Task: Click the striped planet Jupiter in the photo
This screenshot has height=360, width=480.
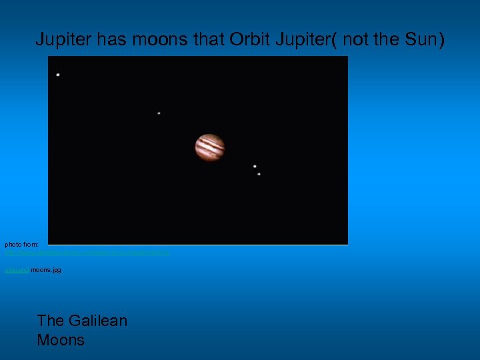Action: (209, 147)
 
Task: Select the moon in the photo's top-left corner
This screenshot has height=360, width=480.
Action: (58, 74)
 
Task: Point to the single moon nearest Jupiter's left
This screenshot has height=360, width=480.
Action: (159, 113)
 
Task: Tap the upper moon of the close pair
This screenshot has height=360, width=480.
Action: (255, 166)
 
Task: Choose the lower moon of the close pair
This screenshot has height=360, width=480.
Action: (259, 174)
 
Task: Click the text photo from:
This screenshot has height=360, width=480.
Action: (22, 245)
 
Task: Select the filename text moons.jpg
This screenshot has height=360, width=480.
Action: (45, 270)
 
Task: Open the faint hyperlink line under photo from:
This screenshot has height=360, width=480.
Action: (87, 253)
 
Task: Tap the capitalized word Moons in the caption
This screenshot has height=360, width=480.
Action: (61, 340)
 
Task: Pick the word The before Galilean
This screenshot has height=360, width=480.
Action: (50, 321)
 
